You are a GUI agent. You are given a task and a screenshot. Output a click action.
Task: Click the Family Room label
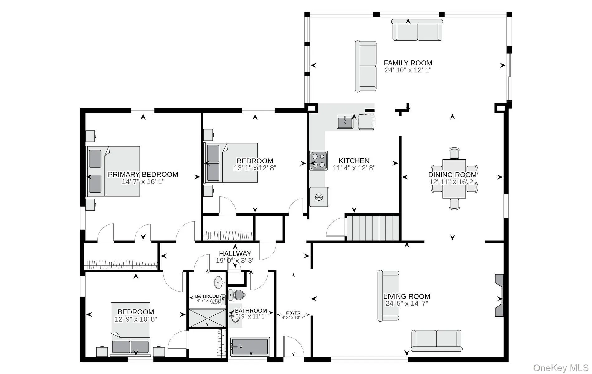(x=408, y=63)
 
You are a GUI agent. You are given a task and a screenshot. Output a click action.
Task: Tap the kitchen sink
(x=345, y=122)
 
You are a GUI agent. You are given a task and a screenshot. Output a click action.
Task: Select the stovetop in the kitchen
(x=319, y=161)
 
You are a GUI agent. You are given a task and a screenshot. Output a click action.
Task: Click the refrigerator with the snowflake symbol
(x=319, y=197)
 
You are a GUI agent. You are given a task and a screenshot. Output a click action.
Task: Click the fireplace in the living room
(x=499, y=295)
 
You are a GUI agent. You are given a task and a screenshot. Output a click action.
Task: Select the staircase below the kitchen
(x=373, y=228)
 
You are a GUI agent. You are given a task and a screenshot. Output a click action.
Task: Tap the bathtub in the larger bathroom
(x=250, y=346)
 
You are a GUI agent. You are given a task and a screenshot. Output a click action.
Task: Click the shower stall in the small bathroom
(x=208, y=318)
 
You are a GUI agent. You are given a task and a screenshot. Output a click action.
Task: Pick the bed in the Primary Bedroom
(x=113, y=171)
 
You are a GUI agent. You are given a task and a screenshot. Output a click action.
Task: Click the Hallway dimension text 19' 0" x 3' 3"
(x=235, y=261)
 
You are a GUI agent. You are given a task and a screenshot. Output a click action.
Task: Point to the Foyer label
(x=293, y=313)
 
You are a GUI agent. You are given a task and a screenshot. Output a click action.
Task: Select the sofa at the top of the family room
(x=417, y=30)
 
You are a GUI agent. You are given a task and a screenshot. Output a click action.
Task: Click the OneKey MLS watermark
(x=561, y=368)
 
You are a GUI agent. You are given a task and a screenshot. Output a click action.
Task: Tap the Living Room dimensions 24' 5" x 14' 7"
(x=407, y=303)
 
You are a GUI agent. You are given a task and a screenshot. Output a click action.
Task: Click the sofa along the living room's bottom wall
(x=436, y=341)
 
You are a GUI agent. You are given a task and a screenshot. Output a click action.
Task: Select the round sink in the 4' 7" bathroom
(x=220, y=283)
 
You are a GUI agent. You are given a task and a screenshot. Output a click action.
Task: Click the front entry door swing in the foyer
(x=294, y=346)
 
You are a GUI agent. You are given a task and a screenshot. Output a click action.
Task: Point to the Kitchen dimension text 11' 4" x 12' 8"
(x=354, y=168)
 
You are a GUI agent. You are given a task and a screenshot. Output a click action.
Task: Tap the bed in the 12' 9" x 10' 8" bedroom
(x=130, y=329)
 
